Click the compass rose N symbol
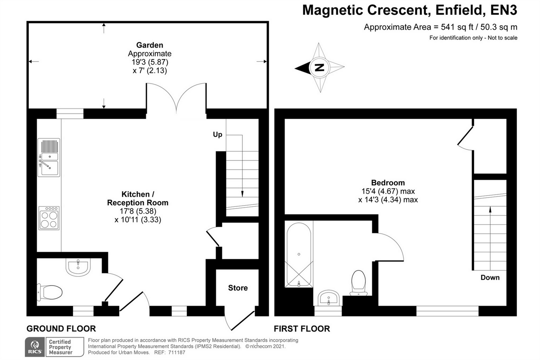point(319,68)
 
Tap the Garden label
point(150,45)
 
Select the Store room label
point(238,288)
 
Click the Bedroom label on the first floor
point(388,183)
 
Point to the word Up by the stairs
point(218,134)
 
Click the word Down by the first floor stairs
point(490,278)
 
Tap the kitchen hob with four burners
point(49,218)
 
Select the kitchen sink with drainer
point(49,157)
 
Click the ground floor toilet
point(50,292)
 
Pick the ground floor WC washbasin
point(78,267)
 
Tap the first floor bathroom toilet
point(358,282)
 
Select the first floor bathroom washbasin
point(329,298)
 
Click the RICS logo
point(35,347)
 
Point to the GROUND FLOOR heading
point(61,329)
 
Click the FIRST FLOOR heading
point(302,329)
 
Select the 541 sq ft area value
point(457,27)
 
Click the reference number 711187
point(176,352)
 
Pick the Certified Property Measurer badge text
point(60,347)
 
